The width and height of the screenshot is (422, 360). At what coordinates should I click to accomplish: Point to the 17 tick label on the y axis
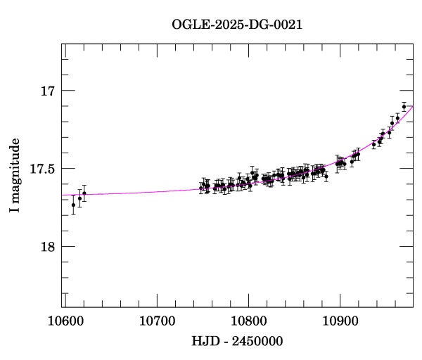click(48, 91)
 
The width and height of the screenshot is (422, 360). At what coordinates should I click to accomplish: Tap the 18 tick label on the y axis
click(48, 247)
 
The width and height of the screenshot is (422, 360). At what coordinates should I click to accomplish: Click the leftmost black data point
click(74, 205)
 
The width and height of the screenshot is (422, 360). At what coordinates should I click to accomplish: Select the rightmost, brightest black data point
click(404, 106)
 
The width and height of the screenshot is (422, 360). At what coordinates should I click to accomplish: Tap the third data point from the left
click(84, 193)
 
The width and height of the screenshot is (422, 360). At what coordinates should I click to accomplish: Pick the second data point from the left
click(79, 198)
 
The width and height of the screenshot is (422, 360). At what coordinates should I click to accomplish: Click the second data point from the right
click(398, 118)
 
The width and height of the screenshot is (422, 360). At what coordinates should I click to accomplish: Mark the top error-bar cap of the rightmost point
click(404, 102)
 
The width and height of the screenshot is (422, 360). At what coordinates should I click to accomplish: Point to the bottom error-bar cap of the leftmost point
click(74, 214)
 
